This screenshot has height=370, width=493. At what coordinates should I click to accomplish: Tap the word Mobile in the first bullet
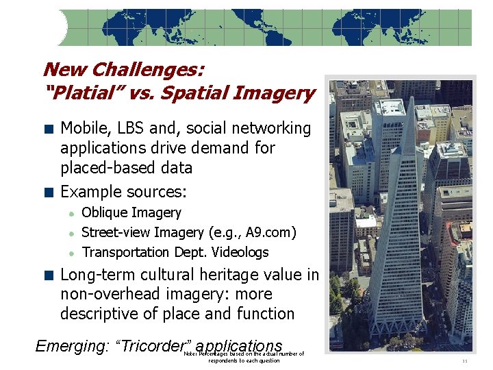click(x=84, y=128)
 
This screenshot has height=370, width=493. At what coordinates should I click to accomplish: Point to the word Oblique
click(x=104, y=213)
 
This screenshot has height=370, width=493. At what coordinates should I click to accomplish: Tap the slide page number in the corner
click(x=465, y=360)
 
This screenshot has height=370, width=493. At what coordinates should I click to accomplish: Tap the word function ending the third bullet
click(x=264, y=314)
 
